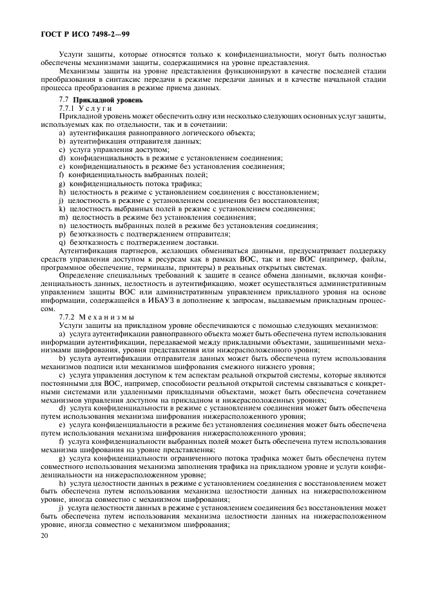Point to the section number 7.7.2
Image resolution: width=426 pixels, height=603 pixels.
point(67,316)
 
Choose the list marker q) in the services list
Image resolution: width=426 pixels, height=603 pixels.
point(62,242)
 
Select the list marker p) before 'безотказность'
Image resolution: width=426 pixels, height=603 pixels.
point(62,234)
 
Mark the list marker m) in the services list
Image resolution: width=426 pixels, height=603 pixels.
point(63,217)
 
